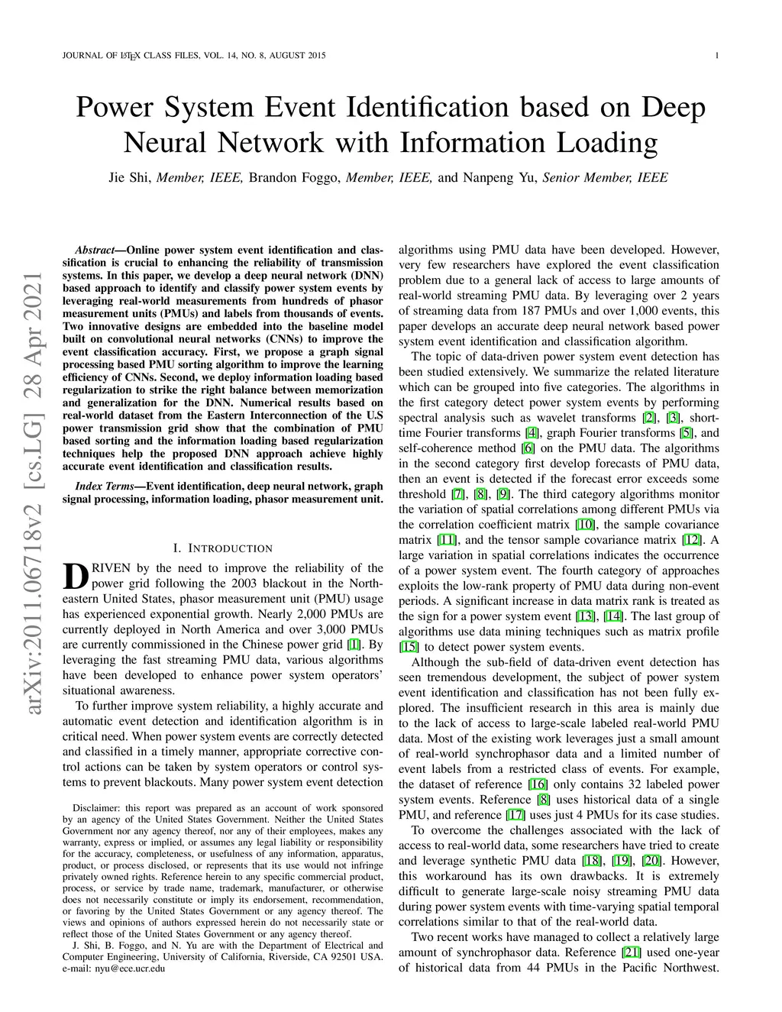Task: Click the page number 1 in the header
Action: (x=719, y=55)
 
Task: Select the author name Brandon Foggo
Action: (x=296, y=178)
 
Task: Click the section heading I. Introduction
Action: (x=222, y=548)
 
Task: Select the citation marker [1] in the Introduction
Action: (x=354, y=645)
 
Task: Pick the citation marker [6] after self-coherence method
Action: (x=528, y=448)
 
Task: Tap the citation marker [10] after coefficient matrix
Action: (x=584, y=525)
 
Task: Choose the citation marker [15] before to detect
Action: (x=409, y=647)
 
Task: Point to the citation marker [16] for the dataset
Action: (x=538, y=784)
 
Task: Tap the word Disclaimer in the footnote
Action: (x=95, y=807)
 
